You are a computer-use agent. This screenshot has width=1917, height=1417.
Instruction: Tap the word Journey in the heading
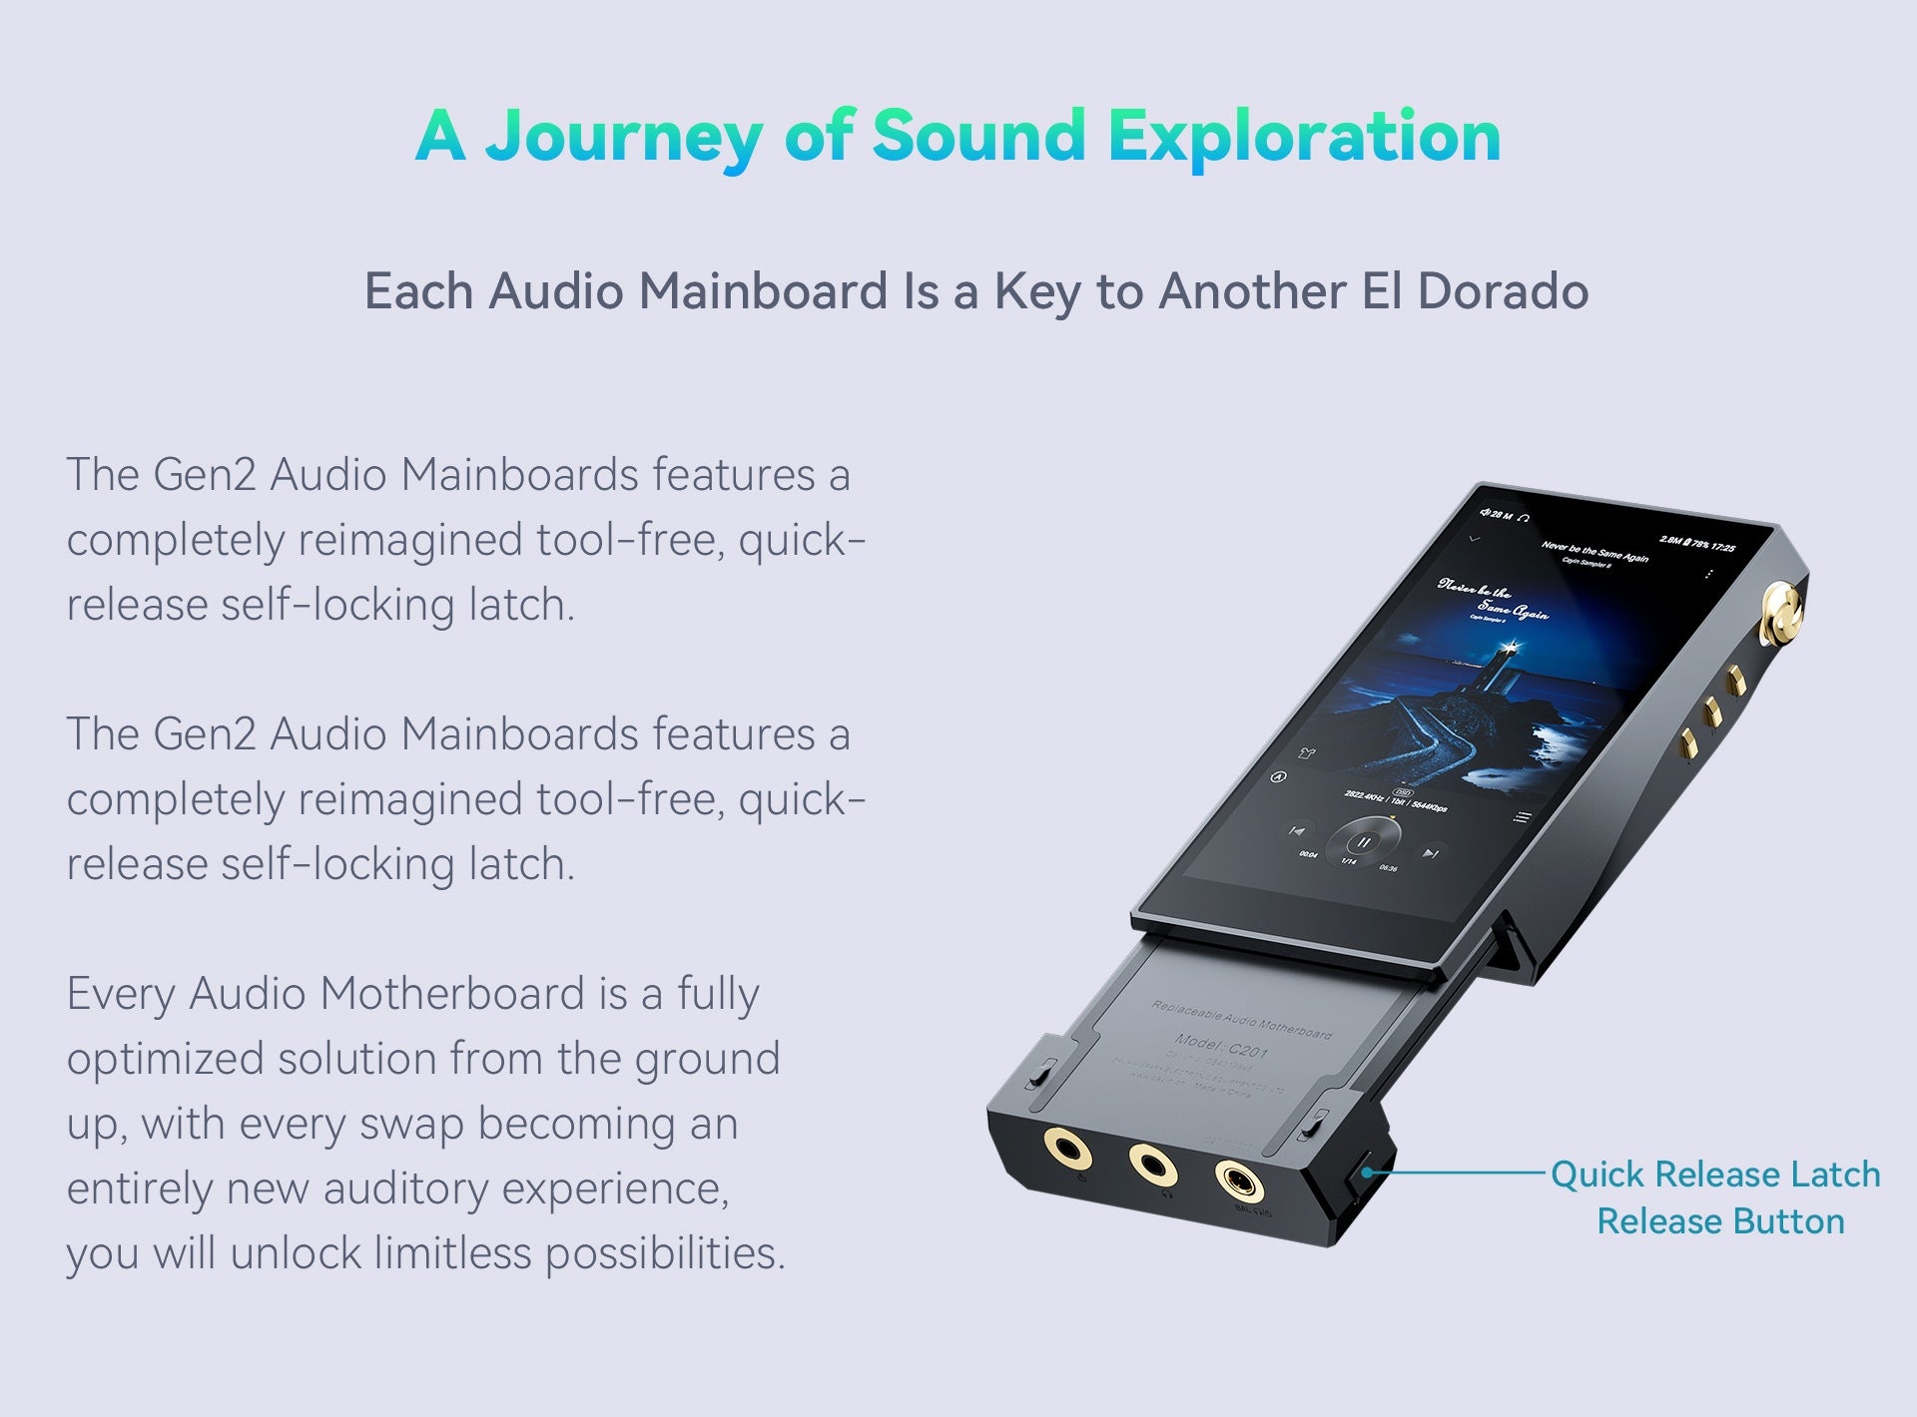coord(624,138)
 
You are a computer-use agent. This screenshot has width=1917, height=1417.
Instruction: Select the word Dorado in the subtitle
coord(1503,291)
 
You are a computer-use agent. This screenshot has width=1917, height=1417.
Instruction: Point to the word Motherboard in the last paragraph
coord(452,994)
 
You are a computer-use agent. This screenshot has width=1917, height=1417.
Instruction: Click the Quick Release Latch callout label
coord(1715,1175)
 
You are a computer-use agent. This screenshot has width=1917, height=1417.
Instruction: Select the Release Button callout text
coord(1720,1221)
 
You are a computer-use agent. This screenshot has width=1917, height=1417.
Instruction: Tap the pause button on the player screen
coord(1364,843)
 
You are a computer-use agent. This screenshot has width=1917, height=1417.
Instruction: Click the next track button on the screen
coord(1431,853)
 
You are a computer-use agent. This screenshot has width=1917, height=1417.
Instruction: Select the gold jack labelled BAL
coord(1239,1183)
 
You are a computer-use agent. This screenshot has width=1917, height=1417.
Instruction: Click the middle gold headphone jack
coord(1151,1164)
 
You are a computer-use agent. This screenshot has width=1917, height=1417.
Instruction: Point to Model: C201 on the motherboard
coord(1221,1046)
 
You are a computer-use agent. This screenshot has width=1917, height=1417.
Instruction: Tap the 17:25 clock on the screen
coord(1722,547)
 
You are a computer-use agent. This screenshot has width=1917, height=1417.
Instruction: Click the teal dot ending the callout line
coord(1365,1173)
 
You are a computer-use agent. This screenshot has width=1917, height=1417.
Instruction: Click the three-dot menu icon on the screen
coord(1709,575)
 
